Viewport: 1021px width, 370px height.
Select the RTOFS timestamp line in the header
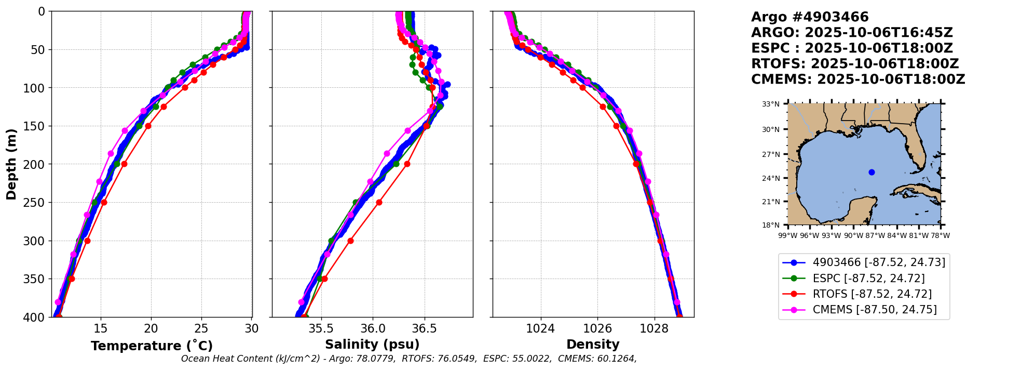855,64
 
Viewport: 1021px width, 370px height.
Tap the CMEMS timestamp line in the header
858,80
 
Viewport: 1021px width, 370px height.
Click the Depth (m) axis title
11,164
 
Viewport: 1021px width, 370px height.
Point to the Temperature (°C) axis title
152,346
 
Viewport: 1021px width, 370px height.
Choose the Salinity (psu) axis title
372,345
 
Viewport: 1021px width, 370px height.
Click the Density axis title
593,345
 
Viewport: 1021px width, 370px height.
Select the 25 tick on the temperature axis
201,328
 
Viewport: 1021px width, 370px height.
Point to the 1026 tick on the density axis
597,328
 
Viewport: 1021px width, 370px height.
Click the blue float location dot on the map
872,172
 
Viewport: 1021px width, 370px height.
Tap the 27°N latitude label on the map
771,154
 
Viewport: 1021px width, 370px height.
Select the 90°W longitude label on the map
853,235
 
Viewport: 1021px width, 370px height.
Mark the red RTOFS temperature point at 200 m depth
124,164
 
